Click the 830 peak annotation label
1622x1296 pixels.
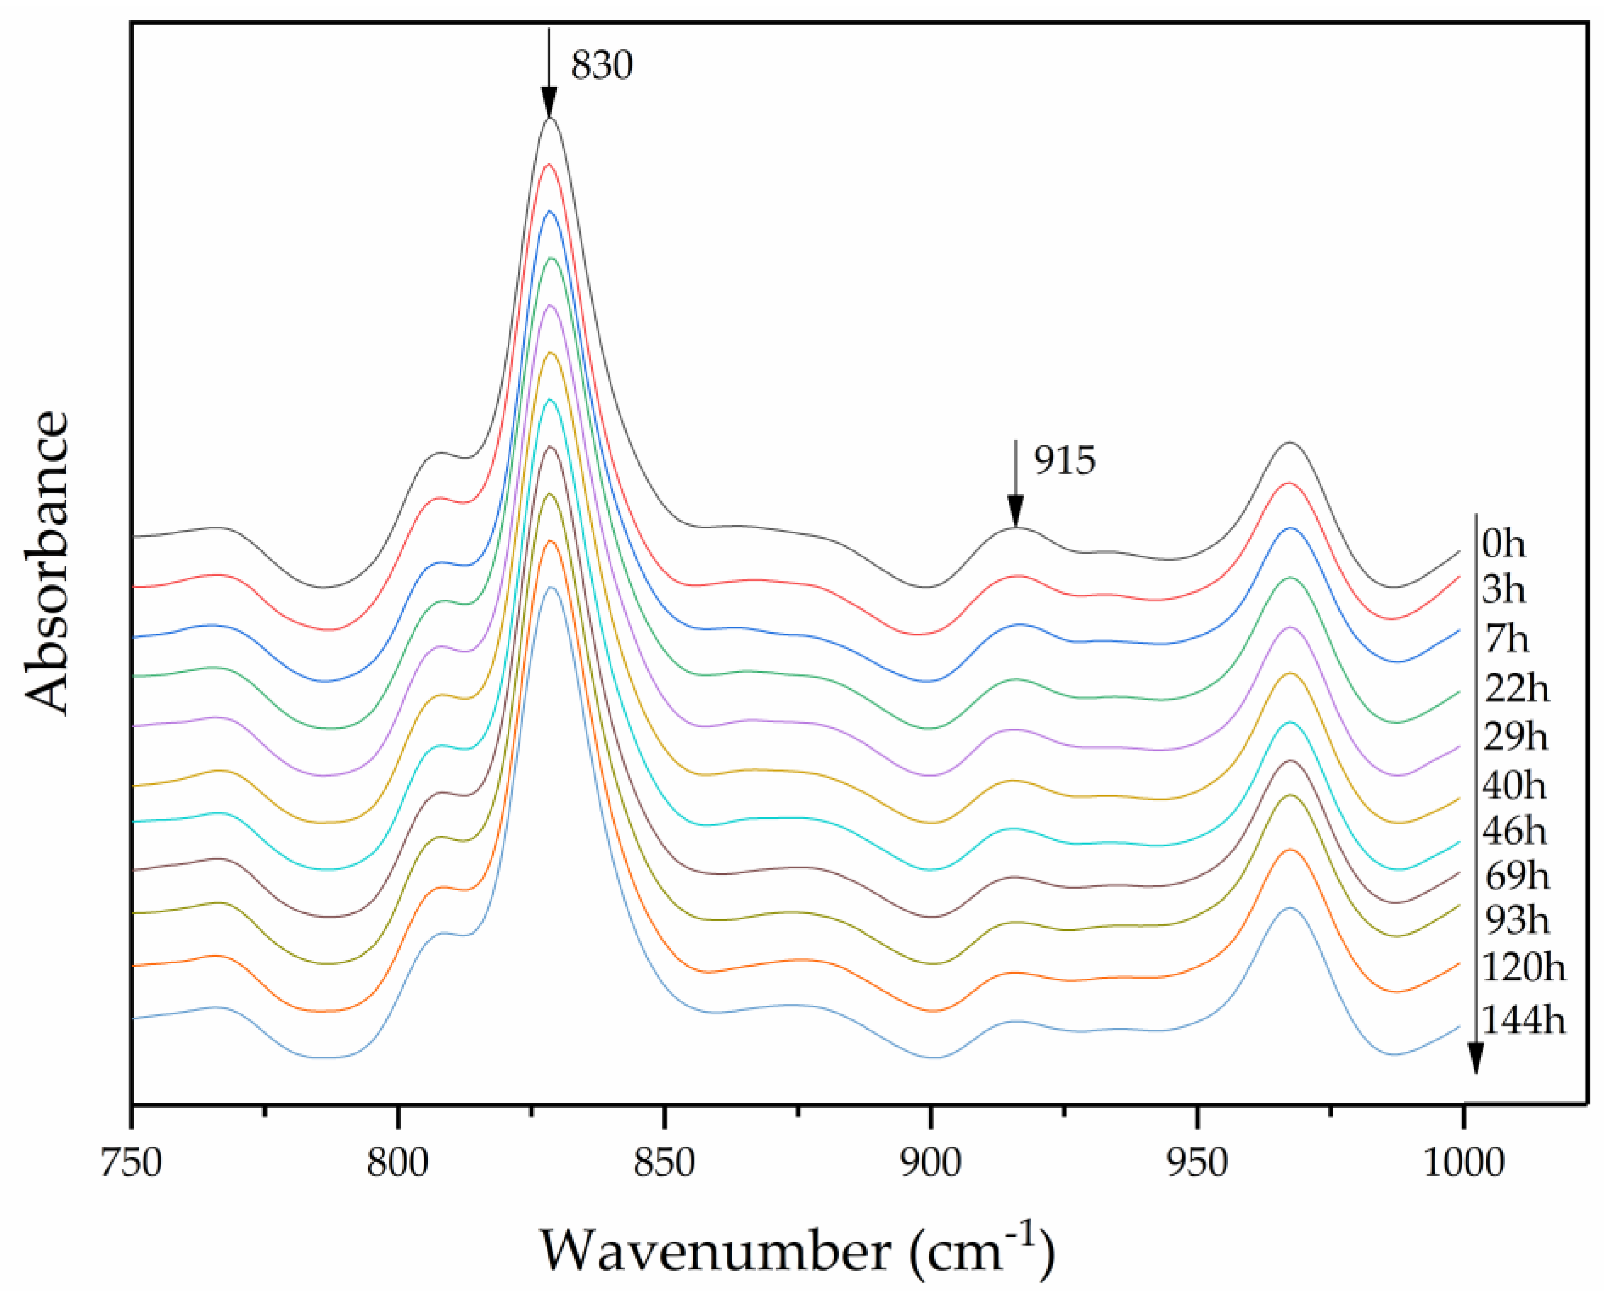click(601, 66)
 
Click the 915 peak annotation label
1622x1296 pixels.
click(1065, 460)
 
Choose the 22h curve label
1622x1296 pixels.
click(1517, 688)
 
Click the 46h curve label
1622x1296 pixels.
click(1515, 831)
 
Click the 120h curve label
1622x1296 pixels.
click(1524, 968)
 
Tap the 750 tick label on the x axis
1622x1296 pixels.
click(132, 1163)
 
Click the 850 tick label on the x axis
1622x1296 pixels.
click(663, 1163)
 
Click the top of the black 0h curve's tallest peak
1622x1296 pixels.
click(550, 119)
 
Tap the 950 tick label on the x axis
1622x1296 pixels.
click(1197, 1163)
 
